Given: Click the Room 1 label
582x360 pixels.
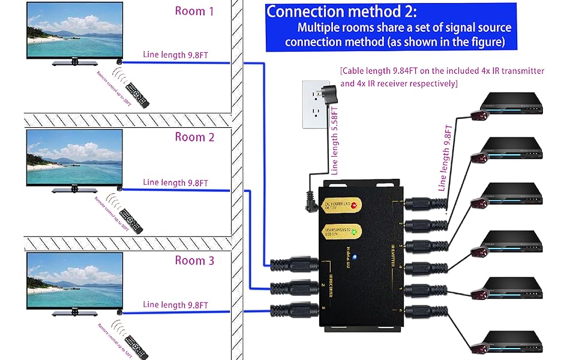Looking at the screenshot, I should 194,11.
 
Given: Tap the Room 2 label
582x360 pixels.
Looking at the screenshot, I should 194,137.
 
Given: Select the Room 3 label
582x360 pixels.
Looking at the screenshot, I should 194,260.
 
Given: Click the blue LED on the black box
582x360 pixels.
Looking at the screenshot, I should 355,258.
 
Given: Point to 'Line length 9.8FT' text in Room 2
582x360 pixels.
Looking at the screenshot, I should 175,182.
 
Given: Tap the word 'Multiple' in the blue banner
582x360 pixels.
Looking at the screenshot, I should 321,28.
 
